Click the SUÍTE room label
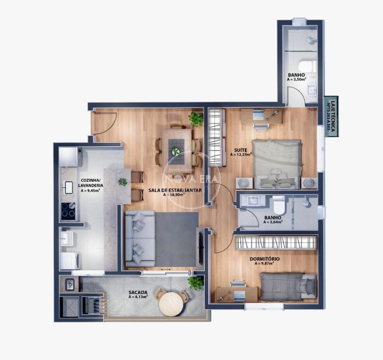click(x=240, y=150)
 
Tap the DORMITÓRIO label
click(x=265, y=259)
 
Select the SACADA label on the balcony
click(x=138, y=292)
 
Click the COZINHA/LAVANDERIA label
click(x=90, y=183)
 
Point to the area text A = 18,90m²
click(x=174, y=195)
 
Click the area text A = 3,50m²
click(x=297, y=79)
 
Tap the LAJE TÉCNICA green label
click(x=331, y=116)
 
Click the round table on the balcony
click(x=171, y=303)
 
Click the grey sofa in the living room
click(x=140, y=239)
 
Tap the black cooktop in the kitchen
click(x=68, y=211)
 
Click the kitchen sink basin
click(x=68, y=187)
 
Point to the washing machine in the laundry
click(x=70, y=261)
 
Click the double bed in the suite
click(x=277, y=164)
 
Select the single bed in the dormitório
click(x=288, y=287)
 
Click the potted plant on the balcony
click(x=195, y=283)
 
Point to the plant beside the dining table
click(x=196, y=119)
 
